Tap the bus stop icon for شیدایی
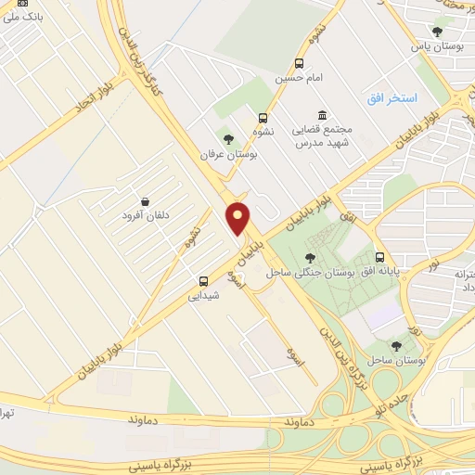click(203, 281)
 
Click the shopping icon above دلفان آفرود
click(145, 201)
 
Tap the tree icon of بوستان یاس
click(437, 32)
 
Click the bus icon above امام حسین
click(299, 64)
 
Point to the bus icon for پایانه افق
click(379, 257)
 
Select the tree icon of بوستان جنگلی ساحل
click(310, 258)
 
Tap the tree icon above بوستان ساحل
click(396, 345)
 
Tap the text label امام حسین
click(298, 79)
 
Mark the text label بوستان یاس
click(436, 45)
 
